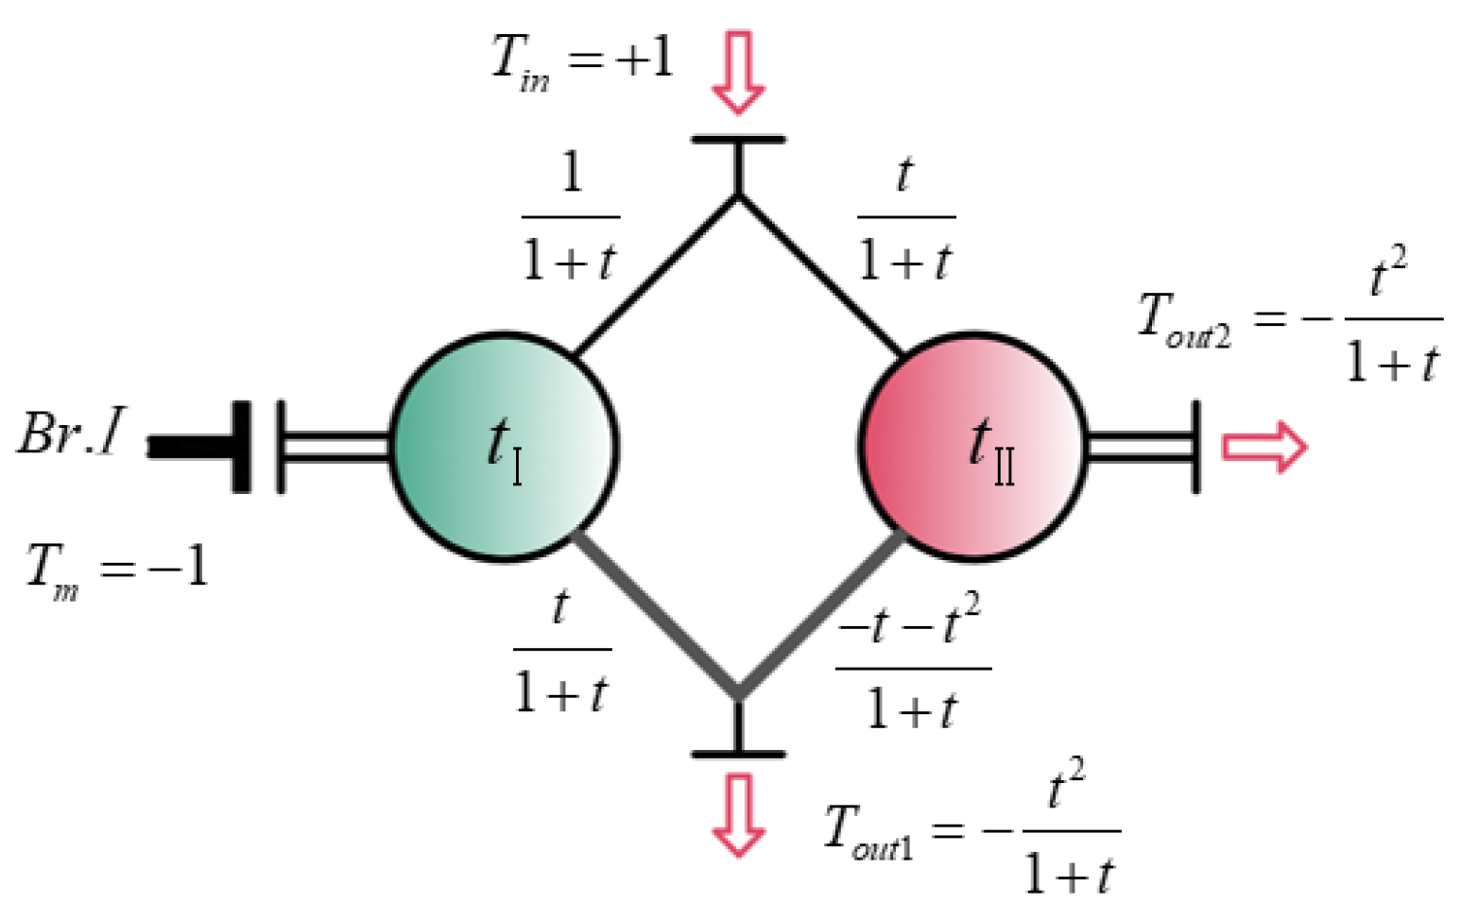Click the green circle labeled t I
point(504,446)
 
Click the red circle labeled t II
point(973,446)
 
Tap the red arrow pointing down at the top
point(737,72)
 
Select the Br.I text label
point(72,435)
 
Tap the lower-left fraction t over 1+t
point(562,651)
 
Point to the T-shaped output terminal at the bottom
point(738,731)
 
